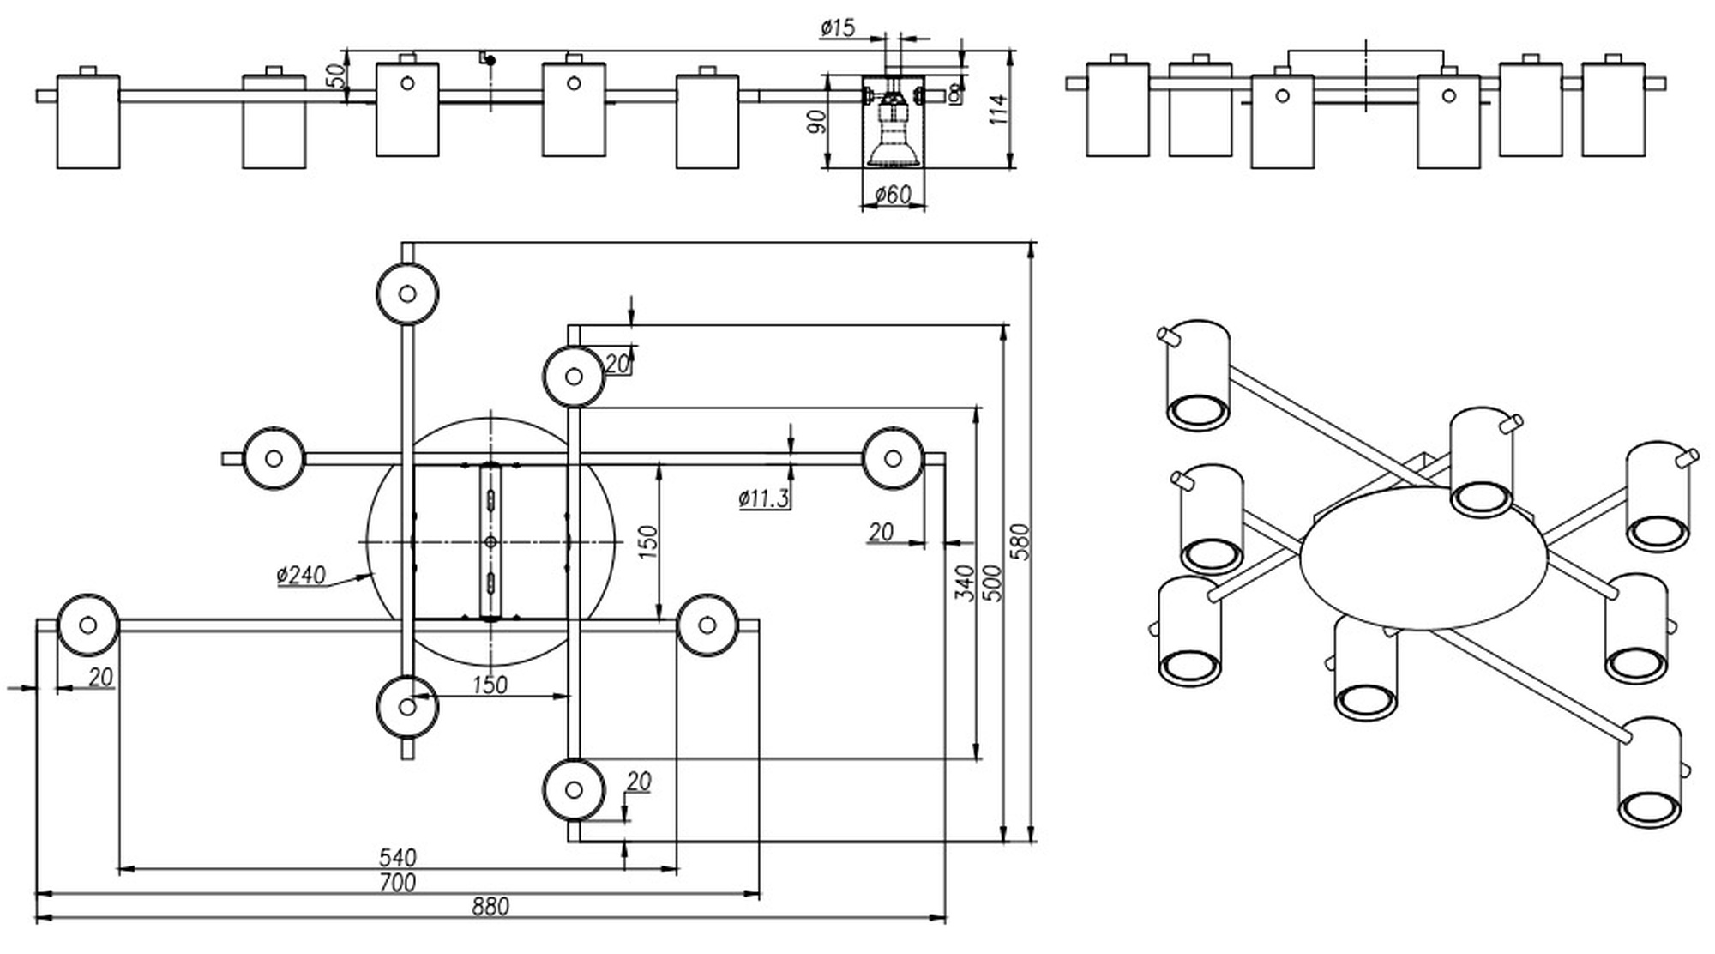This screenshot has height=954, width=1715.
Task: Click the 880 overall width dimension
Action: [x=490, y=906]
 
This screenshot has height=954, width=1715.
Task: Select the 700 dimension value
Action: [x=397, y=882]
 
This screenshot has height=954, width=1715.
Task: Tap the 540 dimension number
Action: [x=397, y=857]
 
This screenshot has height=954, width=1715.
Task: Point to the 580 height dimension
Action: [x=1020, y=541]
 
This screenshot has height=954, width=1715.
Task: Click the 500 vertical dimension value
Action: [x=992, y=583]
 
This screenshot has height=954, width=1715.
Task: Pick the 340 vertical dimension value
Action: [x=965, y=583]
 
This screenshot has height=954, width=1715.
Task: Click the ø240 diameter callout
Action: [x=301, y=574]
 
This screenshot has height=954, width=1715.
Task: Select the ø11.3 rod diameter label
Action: [x=763, y=498]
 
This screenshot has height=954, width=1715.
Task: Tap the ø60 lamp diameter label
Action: [x=893, y=195]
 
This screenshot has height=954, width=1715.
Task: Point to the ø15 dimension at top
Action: [x=838, y=28]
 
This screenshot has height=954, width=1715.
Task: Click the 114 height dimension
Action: [x=999, y=110]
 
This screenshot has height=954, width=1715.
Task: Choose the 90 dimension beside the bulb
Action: [x=818, y=121]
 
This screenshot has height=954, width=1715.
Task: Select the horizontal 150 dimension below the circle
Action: [x=490, y=685]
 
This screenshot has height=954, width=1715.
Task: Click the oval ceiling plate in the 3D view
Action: [x=1423, y=559]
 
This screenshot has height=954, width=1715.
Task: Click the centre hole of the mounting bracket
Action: [x=490, y=541]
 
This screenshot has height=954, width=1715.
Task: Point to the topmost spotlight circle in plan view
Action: [x=407, y=293]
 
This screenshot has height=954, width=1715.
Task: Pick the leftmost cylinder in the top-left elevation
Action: [x=88, y=121]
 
